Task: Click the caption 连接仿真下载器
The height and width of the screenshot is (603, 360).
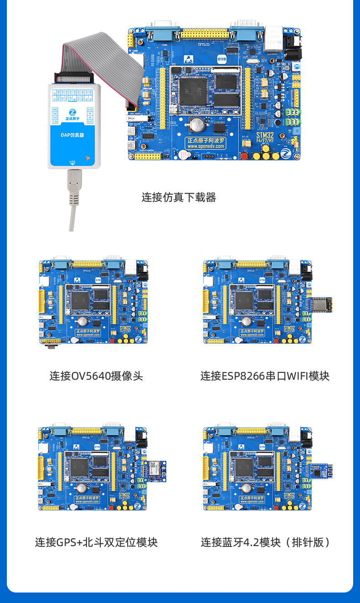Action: point(178,197)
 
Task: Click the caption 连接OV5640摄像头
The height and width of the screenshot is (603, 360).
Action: point(96,376)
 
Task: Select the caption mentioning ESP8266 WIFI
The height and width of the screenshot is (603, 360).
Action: point(265,376)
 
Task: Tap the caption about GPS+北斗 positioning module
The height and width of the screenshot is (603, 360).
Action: point(96,542)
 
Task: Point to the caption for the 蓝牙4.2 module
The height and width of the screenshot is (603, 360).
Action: point(265,542)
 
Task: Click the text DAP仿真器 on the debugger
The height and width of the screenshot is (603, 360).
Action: point(72,135)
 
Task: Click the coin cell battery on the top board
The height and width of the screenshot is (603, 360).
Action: point(196,122)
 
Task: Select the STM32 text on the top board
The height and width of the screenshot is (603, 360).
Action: point(265,135)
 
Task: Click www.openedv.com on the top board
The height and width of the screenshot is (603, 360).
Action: point(206,146)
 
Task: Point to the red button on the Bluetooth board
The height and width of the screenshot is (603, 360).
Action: point(276,507)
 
